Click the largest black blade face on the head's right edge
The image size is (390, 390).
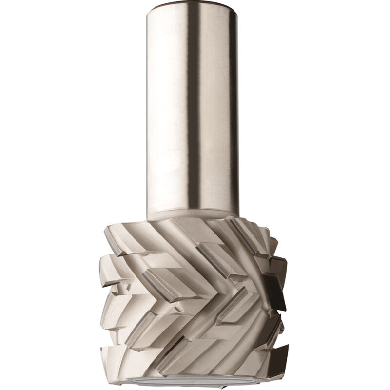274,292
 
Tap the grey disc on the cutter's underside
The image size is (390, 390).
195,380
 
